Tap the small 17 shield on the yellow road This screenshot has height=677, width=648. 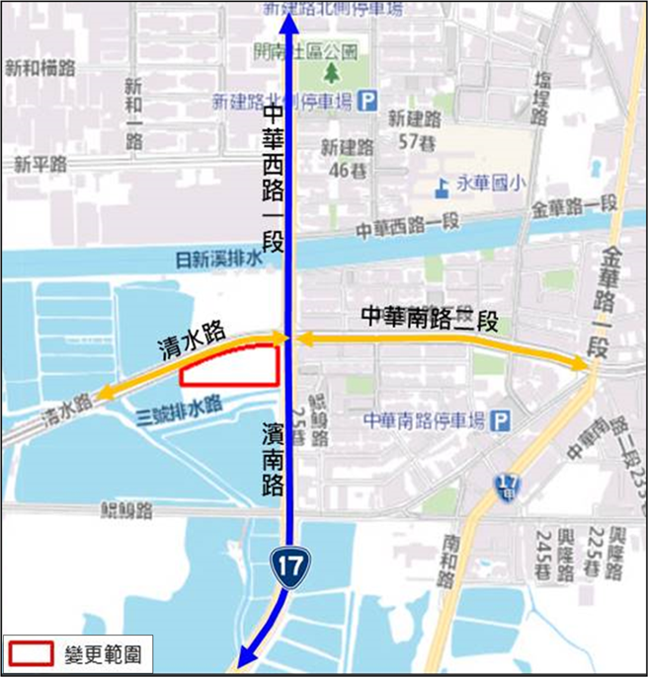coord(507,486)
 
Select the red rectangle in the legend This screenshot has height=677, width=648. coord(33,653)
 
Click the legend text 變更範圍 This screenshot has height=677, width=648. coord(105,653)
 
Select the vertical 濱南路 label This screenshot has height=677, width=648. coord(274,461)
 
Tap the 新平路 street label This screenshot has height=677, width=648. coord(40,163)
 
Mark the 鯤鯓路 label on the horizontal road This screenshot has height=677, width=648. coord(128,510)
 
